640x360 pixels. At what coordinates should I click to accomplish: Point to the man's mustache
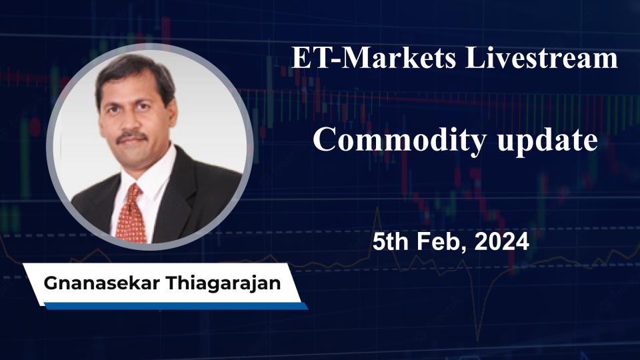(131, 136)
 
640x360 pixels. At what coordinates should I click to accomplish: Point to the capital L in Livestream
(472, 59)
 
